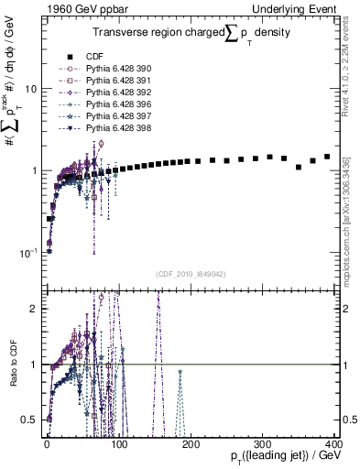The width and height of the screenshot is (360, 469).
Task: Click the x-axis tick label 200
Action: [190, 442]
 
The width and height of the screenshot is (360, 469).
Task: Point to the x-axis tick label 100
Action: [118, 442]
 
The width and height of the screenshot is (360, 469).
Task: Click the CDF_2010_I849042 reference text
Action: [191, 274]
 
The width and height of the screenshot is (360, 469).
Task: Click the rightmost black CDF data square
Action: [327, 157]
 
